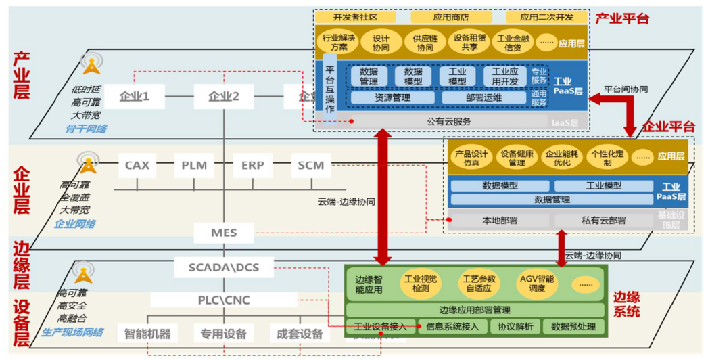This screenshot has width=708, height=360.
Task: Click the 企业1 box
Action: coord(134,97)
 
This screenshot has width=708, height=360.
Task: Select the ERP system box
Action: coord(252,165)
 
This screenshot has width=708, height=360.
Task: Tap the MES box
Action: coord(224,233)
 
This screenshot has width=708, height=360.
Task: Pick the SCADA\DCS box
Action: coord(224,267)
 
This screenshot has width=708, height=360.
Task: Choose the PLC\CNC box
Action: coord(224,299)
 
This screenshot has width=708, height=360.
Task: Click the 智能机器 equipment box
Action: coord(147,333)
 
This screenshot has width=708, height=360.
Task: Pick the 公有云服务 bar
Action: coord(448,122)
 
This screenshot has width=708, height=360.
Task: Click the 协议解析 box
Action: coord(515,327)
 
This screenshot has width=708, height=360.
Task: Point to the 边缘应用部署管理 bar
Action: coord(474,310)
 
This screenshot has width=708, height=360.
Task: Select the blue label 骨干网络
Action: coord(87,128)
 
